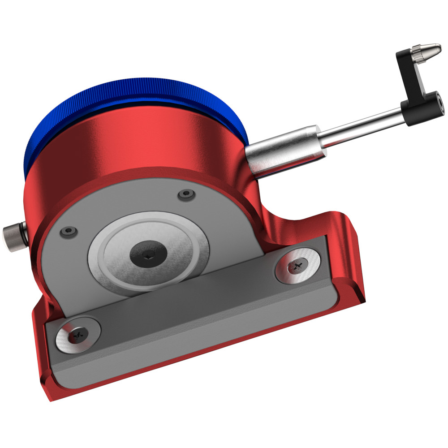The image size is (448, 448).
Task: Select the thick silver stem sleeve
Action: point(282,150)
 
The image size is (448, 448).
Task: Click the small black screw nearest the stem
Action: point(186,194)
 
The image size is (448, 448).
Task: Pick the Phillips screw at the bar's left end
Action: point(78,335)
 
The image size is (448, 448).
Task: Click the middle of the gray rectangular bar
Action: point(193,314)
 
